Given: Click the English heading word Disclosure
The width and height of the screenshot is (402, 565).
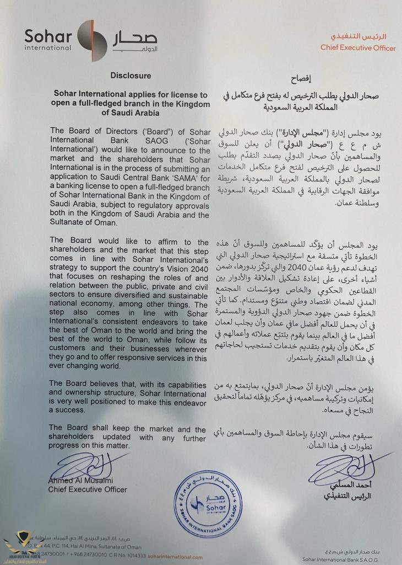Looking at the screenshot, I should (130, 76).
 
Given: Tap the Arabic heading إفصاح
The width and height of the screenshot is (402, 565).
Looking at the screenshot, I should (301, 79).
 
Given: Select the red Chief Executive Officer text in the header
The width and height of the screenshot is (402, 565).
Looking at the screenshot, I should (358, 48).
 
